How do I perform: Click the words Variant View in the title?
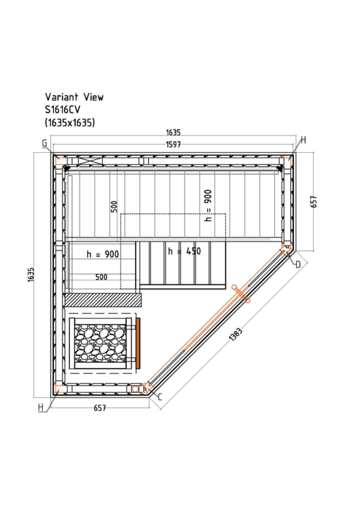(x=74, y=97)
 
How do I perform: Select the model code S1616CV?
(x=62, y=110)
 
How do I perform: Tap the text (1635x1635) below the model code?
(x=70, y=123)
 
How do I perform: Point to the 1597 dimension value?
(x=173, y=144)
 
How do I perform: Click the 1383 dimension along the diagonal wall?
(x=236, y=335)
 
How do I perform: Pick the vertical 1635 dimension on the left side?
(x=31, y=275)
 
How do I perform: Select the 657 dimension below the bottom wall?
(x=100, y=408)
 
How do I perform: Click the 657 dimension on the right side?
(x=314, y=201)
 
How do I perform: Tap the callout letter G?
(x=44, y=143)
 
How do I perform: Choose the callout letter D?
(x=298, y=264)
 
